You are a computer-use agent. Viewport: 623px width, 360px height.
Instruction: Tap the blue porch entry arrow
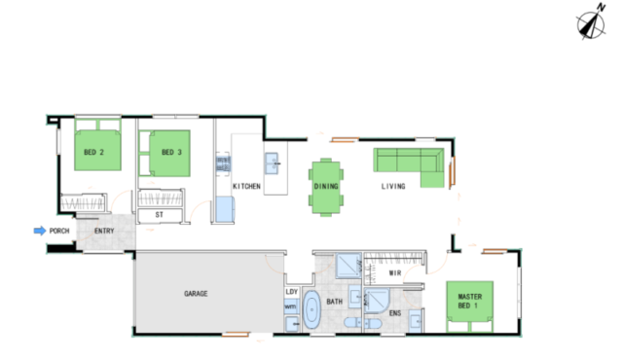pos(40,231)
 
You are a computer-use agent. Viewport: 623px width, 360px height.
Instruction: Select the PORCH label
pos(59,231)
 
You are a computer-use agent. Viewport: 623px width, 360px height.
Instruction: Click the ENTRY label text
pos(104,231)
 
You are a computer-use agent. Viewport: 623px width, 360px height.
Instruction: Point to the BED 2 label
pos(93,152)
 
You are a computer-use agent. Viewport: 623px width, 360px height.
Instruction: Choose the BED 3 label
pos(171,152)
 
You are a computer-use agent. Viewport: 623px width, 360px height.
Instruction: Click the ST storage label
pos(160,215)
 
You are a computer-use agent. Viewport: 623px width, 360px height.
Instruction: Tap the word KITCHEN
pos(246,186)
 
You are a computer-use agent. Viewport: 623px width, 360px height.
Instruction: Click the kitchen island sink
pos(273,163)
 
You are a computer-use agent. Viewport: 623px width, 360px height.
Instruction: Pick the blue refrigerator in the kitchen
pos(225,209)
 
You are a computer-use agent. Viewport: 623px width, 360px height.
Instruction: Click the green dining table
pos(326,187)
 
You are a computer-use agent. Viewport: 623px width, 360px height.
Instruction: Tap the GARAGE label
pos(196,294)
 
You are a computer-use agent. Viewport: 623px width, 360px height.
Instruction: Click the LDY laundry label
pos(292,292)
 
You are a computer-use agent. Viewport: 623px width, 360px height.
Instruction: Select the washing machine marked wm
pos(291,306)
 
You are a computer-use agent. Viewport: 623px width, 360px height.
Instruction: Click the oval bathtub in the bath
pos(311,309)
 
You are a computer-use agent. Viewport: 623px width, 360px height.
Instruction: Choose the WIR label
pos(395,273)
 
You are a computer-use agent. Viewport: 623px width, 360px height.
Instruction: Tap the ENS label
pos(395,313)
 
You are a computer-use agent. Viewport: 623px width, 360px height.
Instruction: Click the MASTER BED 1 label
pos(470,301)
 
